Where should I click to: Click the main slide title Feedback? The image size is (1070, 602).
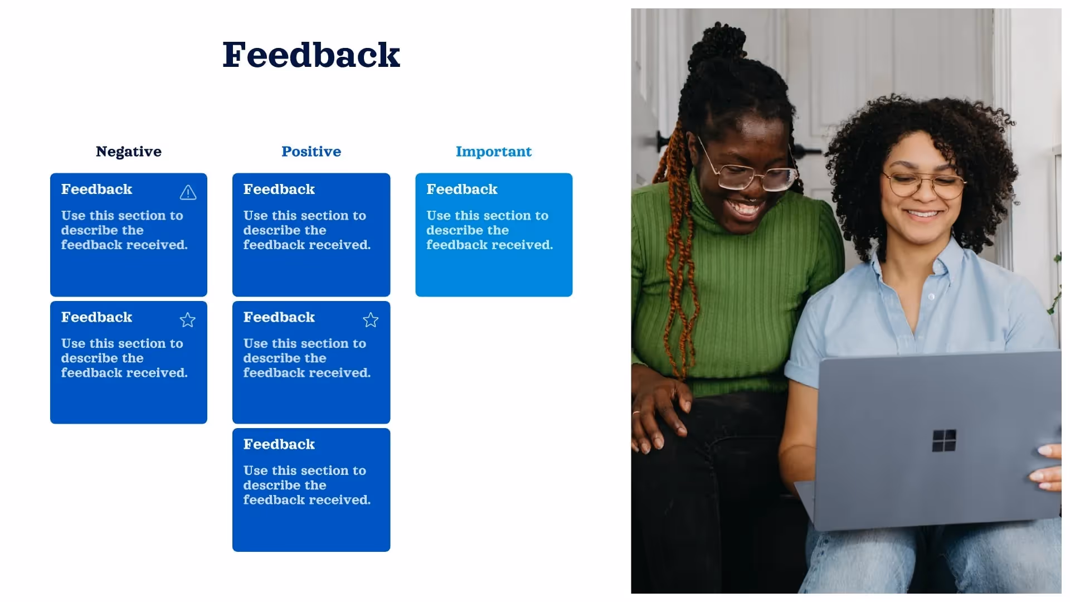point(311,55)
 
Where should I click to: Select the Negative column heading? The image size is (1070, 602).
point(128,152)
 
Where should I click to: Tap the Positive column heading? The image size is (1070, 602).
point(311,152)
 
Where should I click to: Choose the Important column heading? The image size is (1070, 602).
point(493,152)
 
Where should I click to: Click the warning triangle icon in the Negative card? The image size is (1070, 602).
point(188,192)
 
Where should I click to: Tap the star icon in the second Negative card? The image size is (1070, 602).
point(187,320)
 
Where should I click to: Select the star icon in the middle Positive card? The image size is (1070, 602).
point(370,320)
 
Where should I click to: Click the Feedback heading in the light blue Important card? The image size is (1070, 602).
point(461,190)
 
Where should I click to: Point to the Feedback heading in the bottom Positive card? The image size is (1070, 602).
point(279,444)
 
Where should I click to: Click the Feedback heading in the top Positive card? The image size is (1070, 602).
point(279,190)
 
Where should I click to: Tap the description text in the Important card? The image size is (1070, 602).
point(489,230)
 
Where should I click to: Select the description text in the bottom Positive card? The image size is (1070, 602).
point(306,485)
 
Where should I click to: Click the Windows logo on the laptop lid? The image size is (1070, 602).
point(943,440)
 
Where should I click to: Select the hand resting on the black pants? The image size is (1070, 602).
point(658,412)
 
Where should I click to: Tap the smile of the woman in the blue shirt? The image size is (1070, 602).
point(922,213)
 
